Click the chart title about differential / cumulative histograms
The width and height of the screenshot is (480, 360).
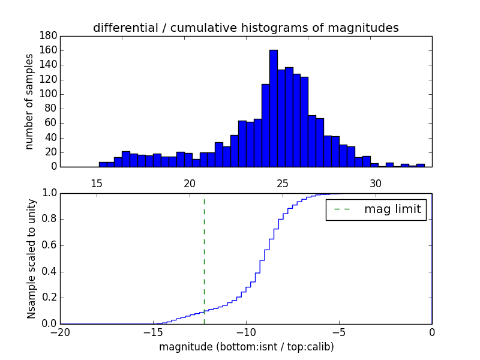coord(245,28)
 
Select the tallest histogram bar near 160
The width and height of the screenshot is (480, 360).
coord(273,108)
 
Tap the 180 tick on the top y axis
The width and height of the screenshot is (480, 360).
coord(49,36)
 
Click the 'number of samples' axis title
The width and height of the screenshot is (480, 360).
coord(29,101)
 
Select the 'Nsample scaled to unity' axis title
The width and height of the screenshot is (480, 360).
coord(32,259)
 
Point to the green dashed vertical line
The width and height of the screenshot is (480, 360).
coord(204,258)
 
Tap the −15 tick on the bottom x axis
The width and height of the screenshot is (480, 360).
coord(152,332)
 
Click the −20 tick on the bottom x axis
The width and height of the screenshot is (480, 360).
coord(60,332)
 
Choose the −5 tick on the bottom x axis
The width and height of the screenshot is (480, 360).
coord(338,332)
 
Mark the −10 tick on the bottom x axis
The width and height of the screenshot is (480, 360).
coord(245,332)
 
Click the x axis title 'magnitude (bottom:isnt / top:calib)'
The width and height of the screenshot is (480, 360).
coord(246,347)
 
